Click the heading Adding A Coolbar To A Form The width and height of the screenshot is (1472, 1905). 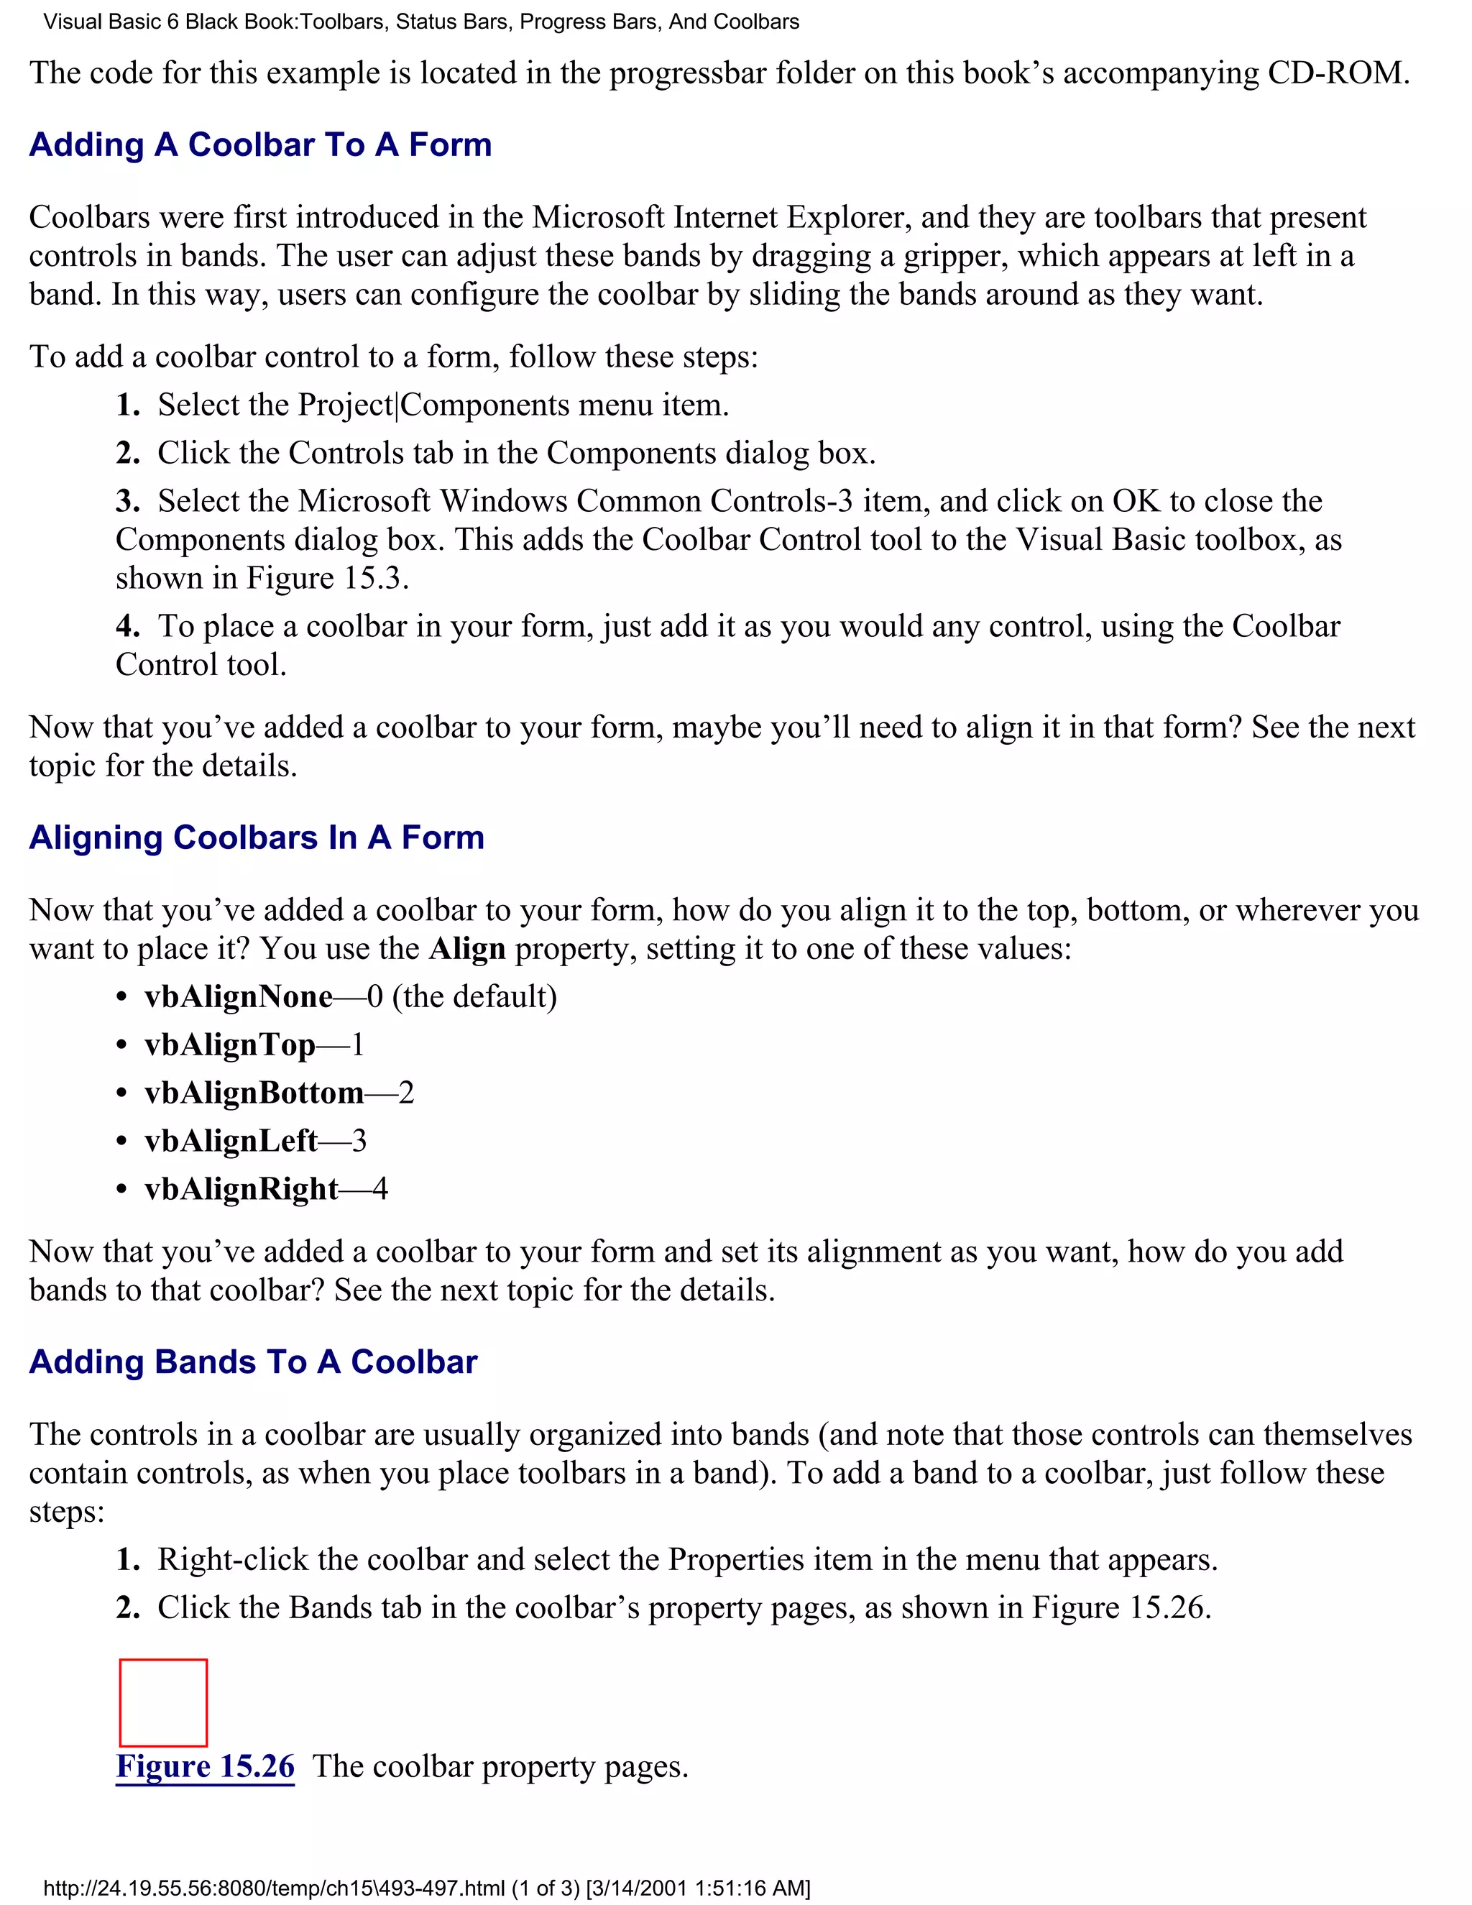(x=260, y=144)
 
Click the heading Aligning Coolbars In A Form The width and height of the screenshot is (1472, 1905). (x=257, y=837)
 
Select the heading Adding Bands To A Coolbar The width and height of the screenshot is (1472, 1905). (x=253, y=1362)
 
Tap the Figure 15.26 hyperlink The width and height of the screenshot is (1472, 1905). (x=205, y=1766)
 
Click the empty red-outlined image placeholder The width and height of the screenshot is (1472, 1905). (x=163, y=1702)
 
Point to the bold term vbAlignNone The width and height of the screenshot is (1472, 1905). (x=238, y=997)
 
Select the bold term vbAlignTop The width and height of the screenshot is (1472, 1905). (x=229, y=1045)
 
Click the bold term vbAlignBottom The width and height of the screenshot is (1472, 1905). (x=254, y=1093)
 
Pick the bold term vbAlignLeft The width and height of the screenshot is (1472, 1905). (x=231, y=1141)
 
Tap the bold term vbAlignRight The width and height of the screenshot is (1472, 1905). (x=241, y=1189)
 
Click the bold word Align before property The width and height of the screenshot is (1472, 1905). (x=466, y=949)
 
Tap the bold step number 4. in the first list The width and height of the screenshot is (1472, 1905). (x=127, y=626)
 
